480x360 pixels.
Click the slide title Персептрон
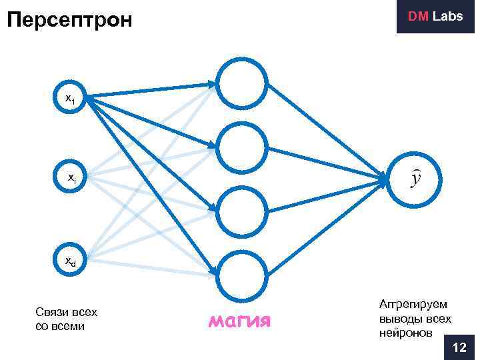pyautogui.click(x=69, y=19)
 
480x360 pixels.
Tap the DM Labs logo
pyautogui.click(x=435, y=17)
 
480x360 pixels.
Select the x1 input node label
pyautogui.click(x=69, y=99)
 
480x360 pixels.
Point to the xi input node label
pyautogui.click(x=71, y=178)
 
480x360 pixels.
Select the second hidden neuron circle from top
pyautogui.click(x=243, y=147)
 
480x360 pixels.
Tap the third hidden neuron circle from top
pyautogui.click(x=243, y=211)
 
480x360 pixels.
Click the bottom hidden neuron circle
pyautogui.click(x=243, y=274)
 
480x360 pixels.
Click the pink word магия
pyautogui.click(x=239, y=322)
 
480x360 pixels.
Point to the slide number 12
pyautogui.click(x=459, y=347)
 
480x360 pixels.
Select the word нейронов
pyautogui.click(x=405, y=332)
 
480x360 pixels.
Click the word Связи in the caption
pyautogui.click(x=51, y=312)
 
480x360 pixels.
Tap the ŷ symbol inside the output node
pyautogui.click(x=416, y=179)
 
